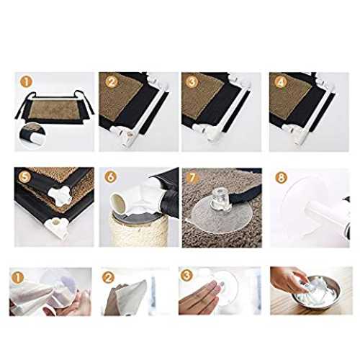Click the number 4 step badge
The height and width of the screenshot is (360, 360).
click(281, 82)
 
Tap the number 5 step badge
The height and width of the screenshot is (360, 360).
click(27, 177)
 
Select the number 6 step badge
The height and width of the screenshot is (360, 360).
click(111, 177)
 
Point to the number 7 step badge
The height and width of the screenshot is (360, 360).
click(193, 178)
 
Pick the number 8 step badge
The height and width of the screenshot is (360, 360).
click(282, 178)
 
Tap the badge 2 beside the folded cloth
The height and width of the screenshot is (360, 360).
click(108, 278)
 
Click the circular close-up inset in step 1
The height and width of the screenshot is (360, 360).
click(32, 135)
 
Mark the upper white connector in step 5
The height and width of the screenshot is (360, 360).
click(58, 195)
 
